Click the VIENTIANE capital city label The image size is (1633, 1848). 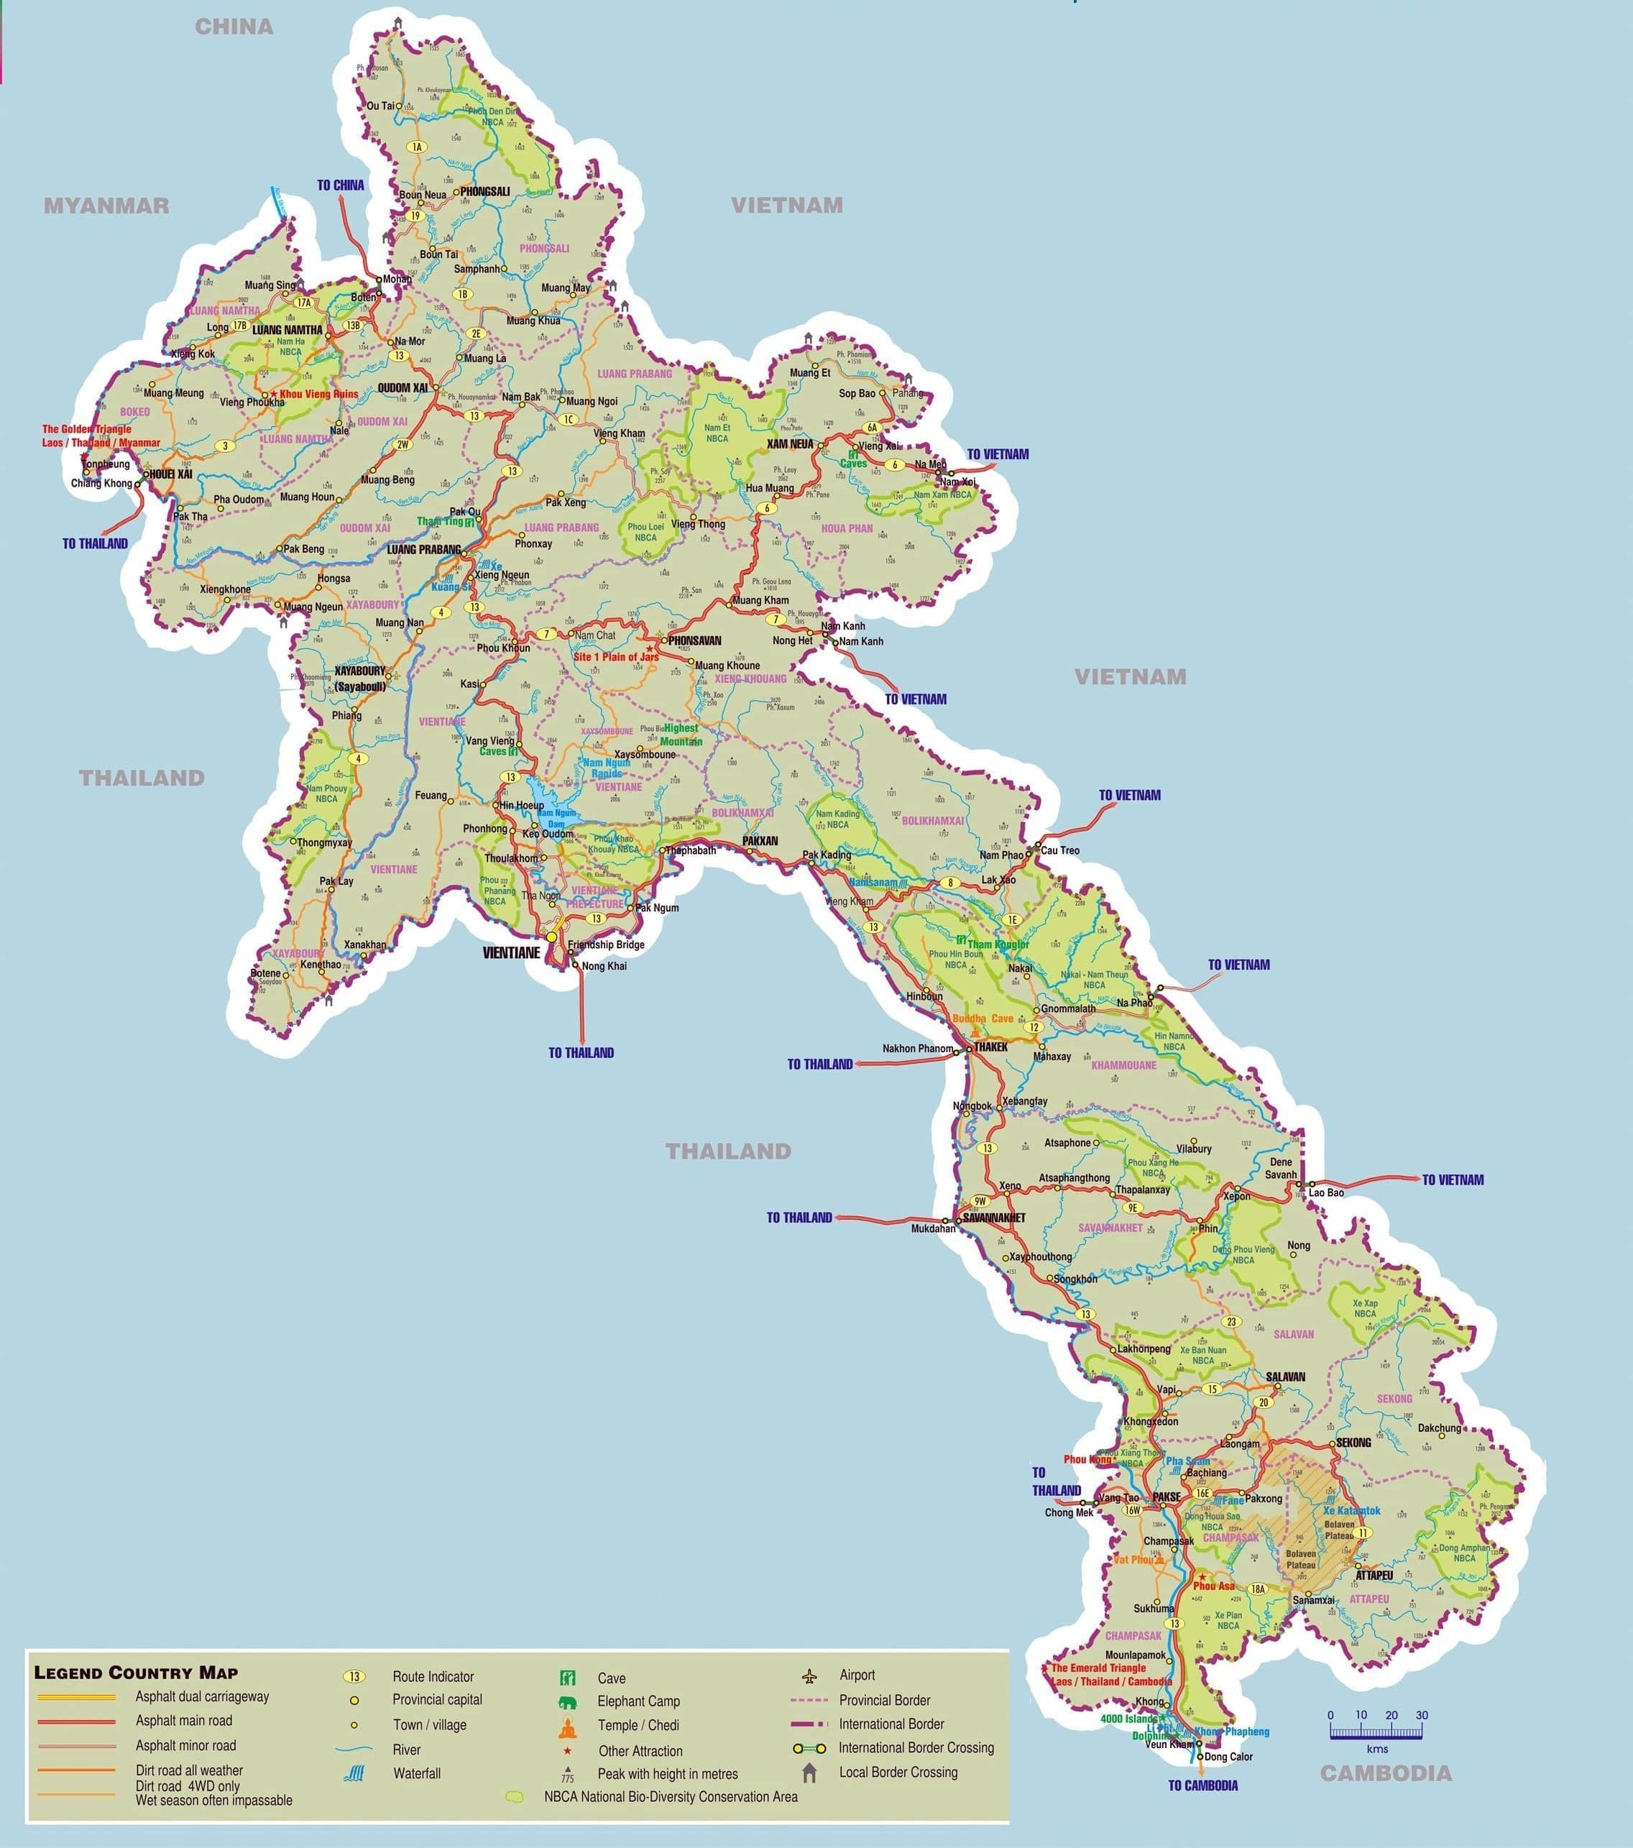pos(511,953)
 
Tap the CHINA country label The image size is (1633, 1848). pos(234,26)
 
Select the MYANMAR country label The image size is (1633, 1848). pos(106,206)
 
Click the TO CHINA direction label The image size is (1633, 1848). pos(341,185)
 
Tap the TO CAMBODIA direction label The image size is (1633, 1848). pos(1202,1785)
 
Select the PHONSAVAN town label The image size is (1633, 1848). pos(694,640)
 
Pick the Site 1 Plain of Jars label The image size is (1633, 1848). pos(616,656)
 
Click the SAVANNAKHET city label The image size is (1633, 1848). pos(994,1218)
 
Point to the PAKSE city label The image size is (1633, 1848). pos(1167,1497)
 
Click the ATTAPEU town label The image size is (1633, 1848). pos(1374,1575)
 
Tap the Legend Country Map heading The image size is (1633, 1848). pos(136,1673)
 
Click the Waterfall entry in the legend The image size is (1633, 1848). pos(416,1774)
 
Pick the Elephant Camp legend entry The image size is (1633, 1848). pos(638,1701)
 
